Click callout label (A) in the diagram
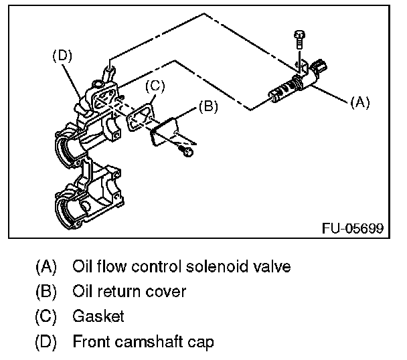click(360, 102)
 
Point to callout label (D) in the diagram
click(62, 56)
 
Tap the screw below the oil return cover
click(188, 153)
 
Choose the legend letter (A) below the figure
click(46, 266)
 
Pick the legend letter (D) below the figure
click(46, 343)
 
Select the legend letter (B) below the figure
click(46, 291)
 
